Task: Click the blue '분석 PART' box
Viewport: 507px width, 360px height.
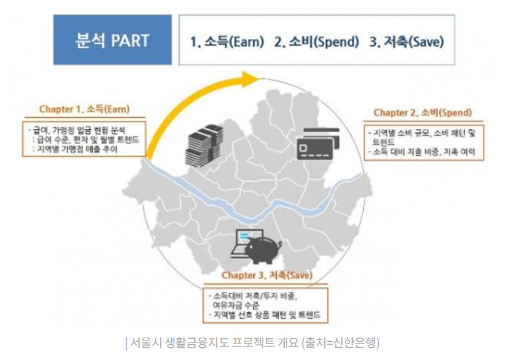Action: tap(113, 40)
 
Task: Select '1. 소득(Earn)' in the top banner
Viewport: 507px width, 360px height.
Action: tap(227, 42)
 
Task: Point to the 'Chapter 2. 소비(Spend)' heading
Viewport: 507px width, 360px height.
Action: tap(423, 113)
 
